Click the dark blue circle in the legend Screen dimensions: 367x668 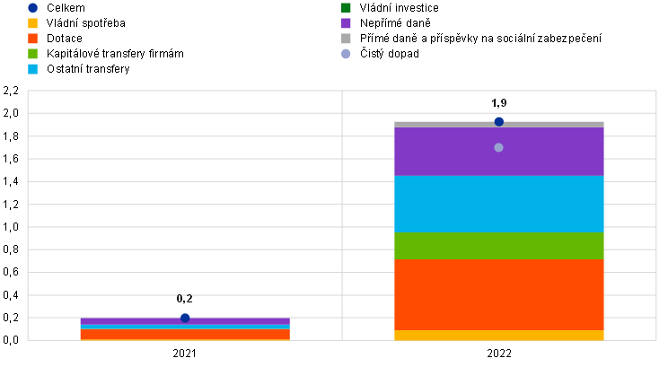pyautogui.click(x=32, y=8)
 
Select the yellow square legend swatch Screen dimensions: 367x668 pyautogui.click(x=32, y=23)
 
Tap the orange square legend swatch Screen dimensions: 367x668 pyautogui.click(x=32, y=39)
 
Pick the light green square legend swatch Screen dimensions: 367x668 pyautogui.click(x=32, y=54)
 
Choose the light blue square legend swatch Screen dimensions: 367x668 pyautogui.click(x=32, y=69)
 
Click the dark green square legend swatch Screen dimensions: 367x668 pyautogui.click(x=346, y=8)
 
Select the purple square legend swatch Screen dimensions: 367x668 pyautogui.click(x=346, y=23)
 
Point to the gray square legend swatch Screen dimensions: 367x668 pyautogui.click(x=346, y=39)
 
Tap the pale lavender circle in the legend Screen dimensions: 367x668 pyautogui.click(x=346, y=54)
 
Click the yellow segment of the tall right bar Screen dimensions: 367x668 pyautogui.click(x=498, y=336)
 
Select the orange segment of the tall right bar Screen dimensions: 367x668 pyautogui.click(x=498, y=294)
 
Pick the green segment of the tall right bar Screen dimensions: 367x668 pyautogui.click(x=498, y=246)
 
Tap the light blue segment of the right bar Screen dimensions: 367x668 pyautogui.click(x=498, y=204)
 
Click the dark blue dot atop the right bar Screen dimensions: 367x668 pyautogui.click(x=498, y=122)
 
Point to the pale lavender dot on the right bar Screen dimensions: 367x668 pyautogui.click(x=498, y=147)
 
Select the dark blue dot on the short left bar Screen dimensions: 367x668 pyautogui.click(x=185, y=318)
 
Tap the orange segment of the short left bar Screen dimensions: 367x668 pyautogui.click(x=185, y=335)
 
